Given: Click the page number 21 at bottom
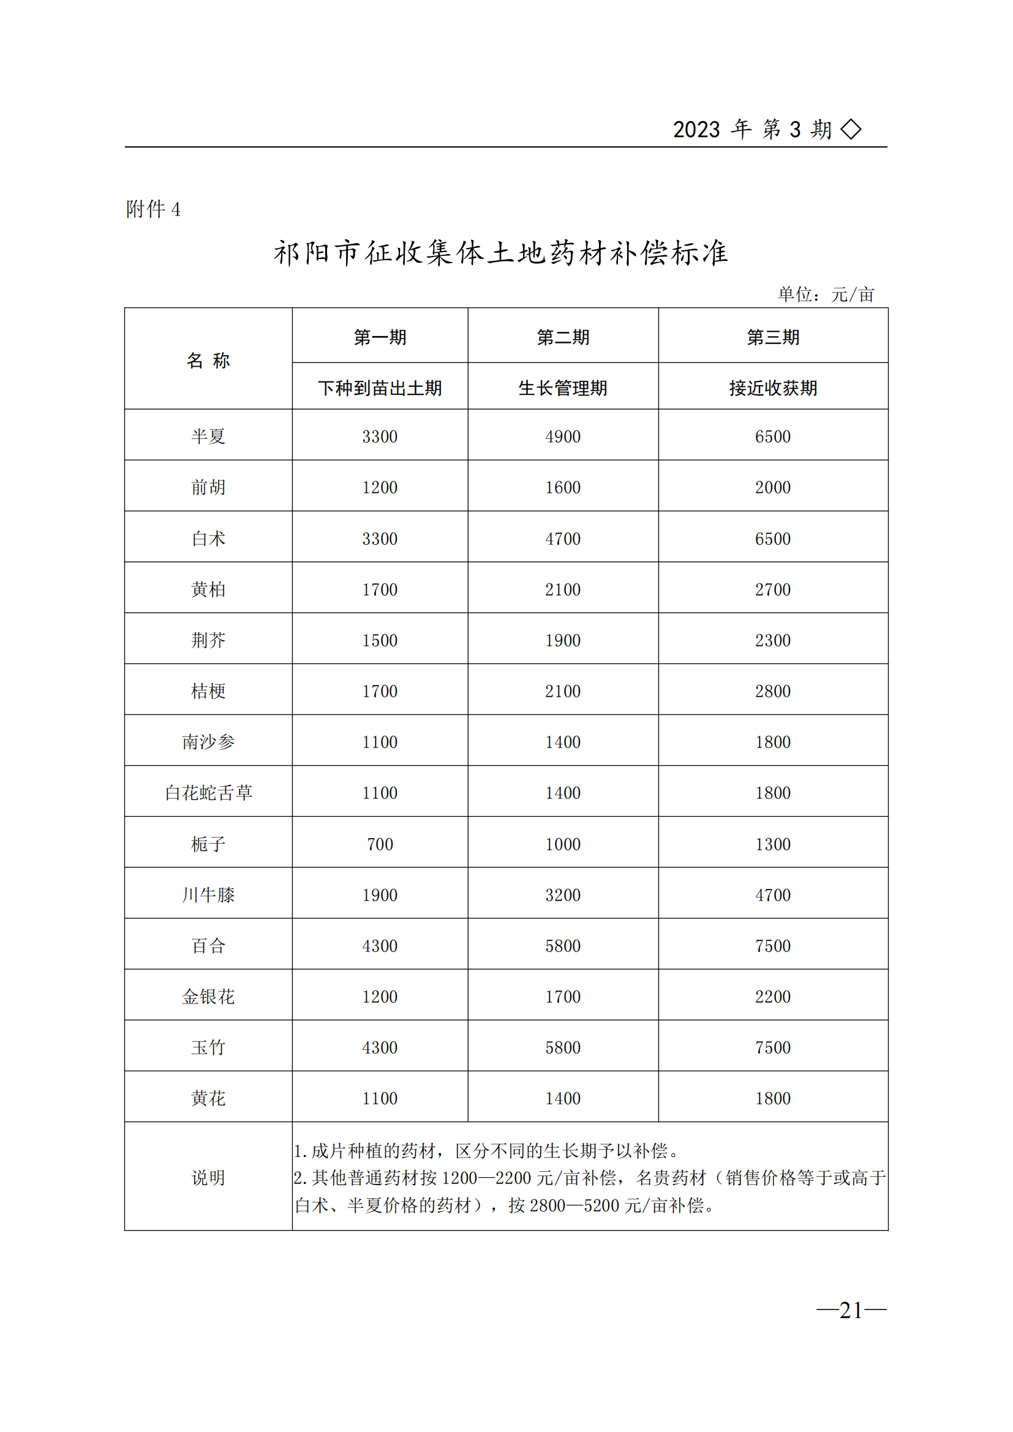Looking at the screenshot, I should (851, 1310).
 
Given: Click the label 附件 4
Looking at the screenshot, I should (154, 209).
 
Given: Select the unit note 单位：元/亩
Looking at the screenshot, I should (826, 294).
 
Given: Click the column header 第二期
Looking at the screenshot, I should (563, 337).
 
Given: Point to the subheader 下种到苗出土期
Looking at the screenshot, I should (380, 388).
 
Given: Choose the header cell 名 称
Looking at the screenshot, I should (208, 361).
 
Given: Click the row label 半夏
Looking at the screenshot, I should (208, 436).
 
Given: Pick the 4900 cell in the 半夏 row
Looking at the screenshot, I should (563, 436).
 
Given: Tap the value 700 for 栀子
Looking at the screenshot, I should (380, 844).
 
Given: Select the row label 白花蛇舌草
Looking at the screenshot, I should (208, 793).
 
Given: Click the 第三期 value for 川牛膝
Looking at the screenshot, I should (773, 895).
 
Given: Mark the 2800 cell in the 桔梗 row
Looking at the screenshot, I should (773, 691).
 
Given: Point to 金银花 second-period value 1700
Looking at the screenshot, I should (563, 997).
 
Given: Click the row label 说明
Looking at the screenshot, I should (208, 1177).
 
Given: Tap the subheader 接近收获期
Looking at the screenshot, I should (773, 388).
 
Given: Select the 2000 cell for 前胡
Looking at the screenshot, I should (773, 487).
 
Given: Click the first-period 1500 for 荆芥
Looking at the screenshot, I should (380, 640).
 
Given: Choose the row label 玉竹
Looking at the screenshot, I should (208, 1047).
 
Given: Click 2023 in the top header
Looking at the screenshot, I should (696, 130).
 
